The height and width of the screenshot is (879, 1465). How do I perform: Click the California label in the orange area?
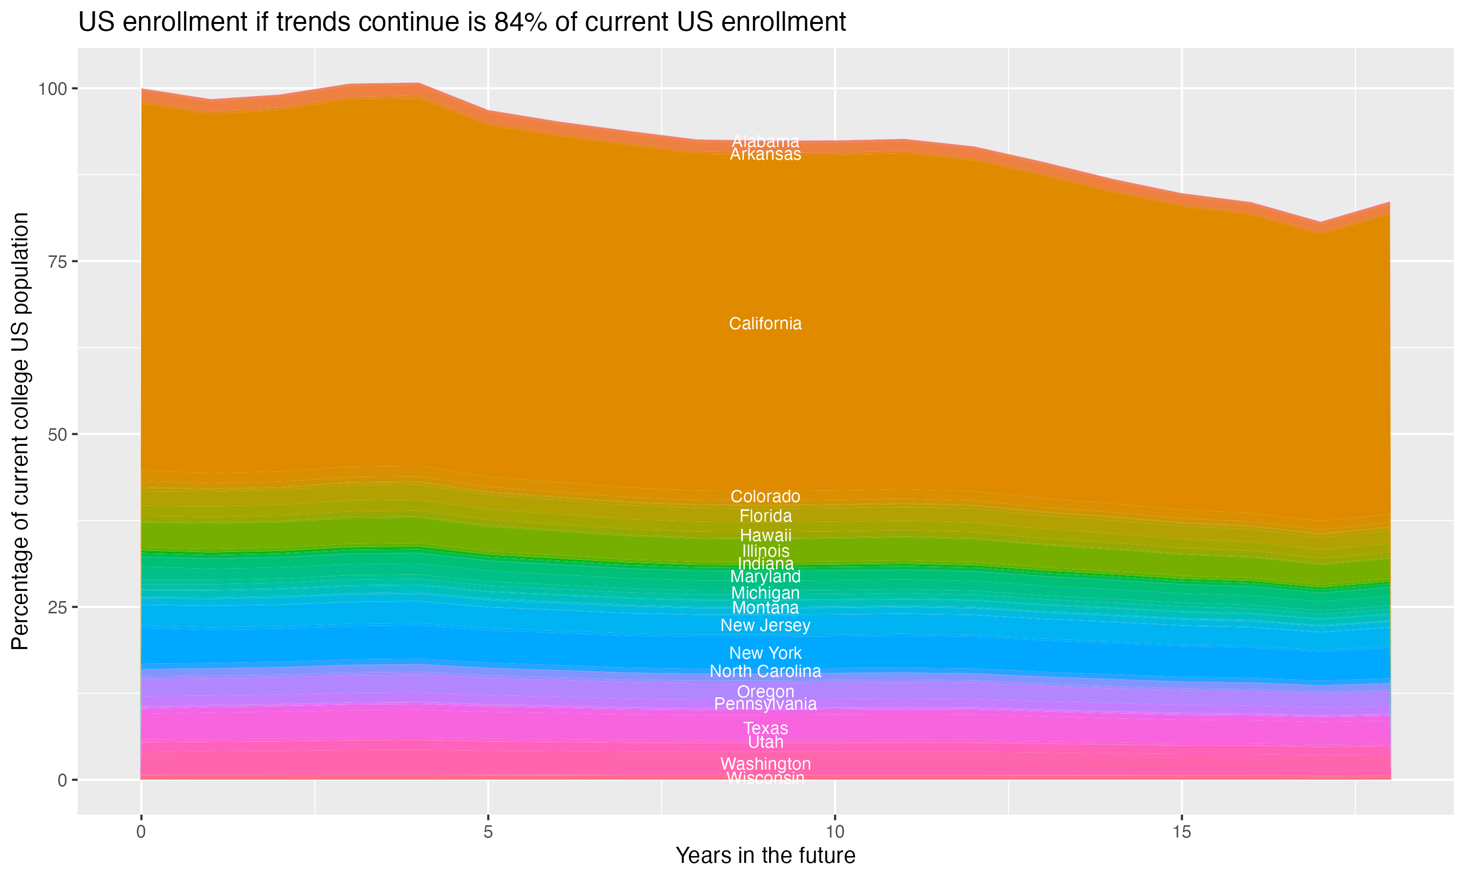tap(765, 323)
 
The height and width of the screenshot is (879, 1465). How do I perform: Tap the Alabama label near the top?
tap(765, 141)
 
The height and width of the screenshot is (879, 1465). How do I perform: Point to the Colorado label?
tap(765, 496)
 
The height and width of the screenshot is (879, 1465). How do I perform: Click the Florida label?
tap(765, 516)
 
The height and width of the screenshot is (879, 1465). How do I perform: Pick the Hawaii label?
tap(765, 535)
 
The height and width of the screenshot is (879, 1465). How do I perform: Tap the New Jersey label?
tap(765, 626)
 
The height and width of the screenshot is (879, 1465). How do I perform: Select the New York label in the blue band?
tap(765, 653)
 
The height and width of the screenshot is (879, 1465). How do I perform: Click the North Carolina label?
tap(765, 671)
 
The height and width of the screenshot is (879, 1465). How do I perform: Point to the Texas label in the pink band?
tap(765, 728)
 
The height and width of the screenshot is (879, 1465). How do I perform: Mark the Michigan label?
tap(765, 593)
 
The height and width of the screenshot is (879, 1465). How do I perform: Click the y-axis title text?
tap(20, 431)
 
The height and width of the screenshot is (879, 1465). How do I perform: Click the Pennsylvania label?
tap(765, 704)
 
